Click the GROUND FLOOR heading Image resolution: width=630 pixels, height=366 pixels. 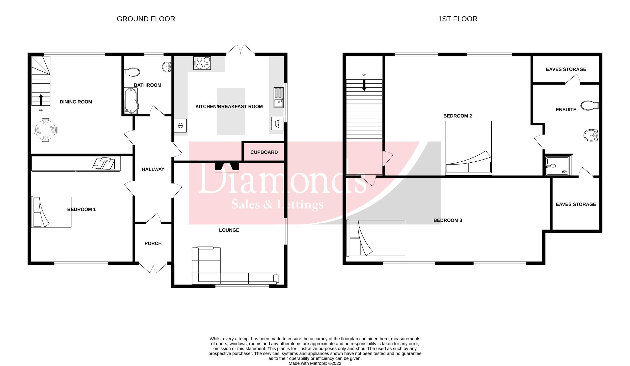tap(146, 19)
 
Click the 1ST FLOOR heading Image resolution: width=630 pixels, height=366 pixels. tap(458, 19)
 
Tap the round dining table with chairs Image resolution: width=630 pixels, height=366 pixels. tap(46, 130)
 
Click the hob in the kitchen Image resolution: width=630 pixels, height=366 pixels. tap(202, 63)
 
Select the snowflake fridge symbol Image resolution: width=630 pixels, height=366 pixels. tap(180, 126)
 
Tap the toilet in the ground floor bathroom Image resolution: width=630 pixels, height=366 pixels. tap(132, 72)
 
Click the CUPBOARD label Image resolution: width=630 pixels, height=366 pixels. tap(264, 152)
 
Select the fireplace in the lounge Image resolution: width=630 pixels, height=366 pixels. tap(227, 167)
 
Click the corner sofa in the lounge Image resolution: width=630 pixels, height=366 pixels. tap(210, 270)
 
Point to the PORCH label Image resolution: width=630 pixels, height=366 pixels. tap(153, 243)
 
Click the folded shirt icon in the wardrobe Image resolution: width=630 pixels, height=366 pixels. tap(104, 163)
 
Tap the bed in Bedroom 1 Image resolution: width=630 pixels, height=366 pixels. tap(51, 212)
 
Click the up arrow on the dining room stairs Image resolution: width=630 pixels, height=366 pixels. tap(41, 100)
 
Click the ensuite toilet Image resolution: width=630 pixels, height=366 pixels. tap(589, 105)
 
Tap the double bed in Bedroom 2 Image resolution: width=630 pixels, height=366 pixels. tap(468, 148)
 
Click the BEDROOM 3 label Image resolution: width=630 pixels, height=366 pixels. tap(448, 220)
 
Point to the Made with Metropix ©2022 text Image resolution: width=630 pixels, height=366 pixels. tap(315, 363)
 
